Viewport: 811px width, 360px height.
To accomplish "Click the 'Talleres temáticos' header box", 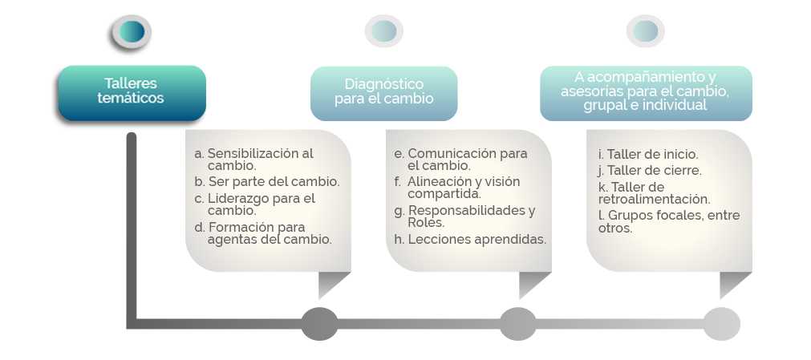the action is [x=132, y=93].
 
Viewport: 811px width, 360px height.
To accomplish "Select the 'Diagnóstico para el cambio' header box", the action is [x=383, y=93].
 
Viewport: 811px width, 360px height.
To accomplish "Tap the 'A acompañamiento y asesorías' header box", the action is [x=646, y=93].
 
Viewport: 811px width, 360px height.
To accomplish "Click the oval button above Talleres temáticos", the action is [x=132, y=31].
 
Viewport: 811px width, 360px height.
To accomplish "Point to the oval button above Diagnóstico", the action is [x=383, y=31].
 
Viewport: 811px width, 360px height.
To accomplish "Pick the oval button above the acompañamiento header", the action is [x=646, y=31].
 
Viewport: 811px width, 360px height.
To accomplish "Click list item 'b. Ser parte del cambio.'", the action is [x=267, y=182].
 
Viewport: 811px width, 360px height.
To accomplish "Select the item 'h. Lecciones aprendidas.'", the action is [x=470, y=240].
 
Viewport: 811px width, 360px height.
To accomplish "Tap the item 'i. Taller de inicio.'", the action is [x=648, y=154].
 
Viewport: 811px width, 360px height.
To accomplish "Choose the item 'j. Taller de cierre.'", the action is [x=650, y=171].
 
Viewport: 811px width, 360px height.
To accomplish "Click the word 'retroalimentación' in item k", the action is [x=653, y=199].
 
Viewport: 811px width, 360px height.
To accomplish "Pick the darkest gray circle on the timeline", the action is [x=319, y=324].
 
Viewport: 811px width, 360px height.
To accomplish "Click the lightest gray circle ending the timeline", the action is [x=721, y=324].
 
